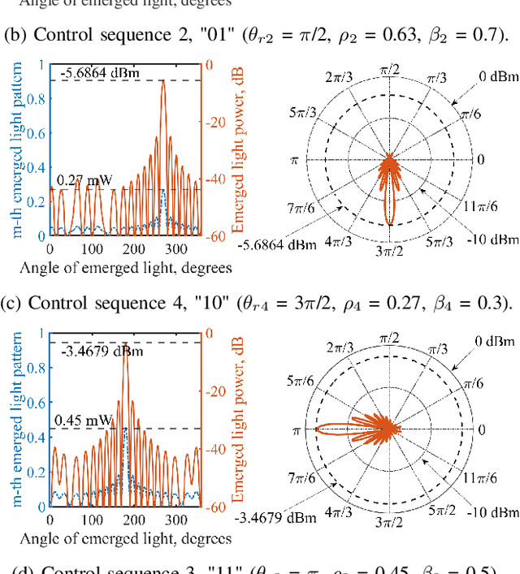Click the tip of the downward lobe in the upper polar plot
(x=389, y=225)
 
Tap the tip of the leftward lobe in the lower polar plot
(x=316, y=428)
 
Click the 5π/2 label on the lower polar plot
(x=435, y=510)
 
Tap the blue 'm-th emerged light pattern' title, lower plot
(x=16, y=417)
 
